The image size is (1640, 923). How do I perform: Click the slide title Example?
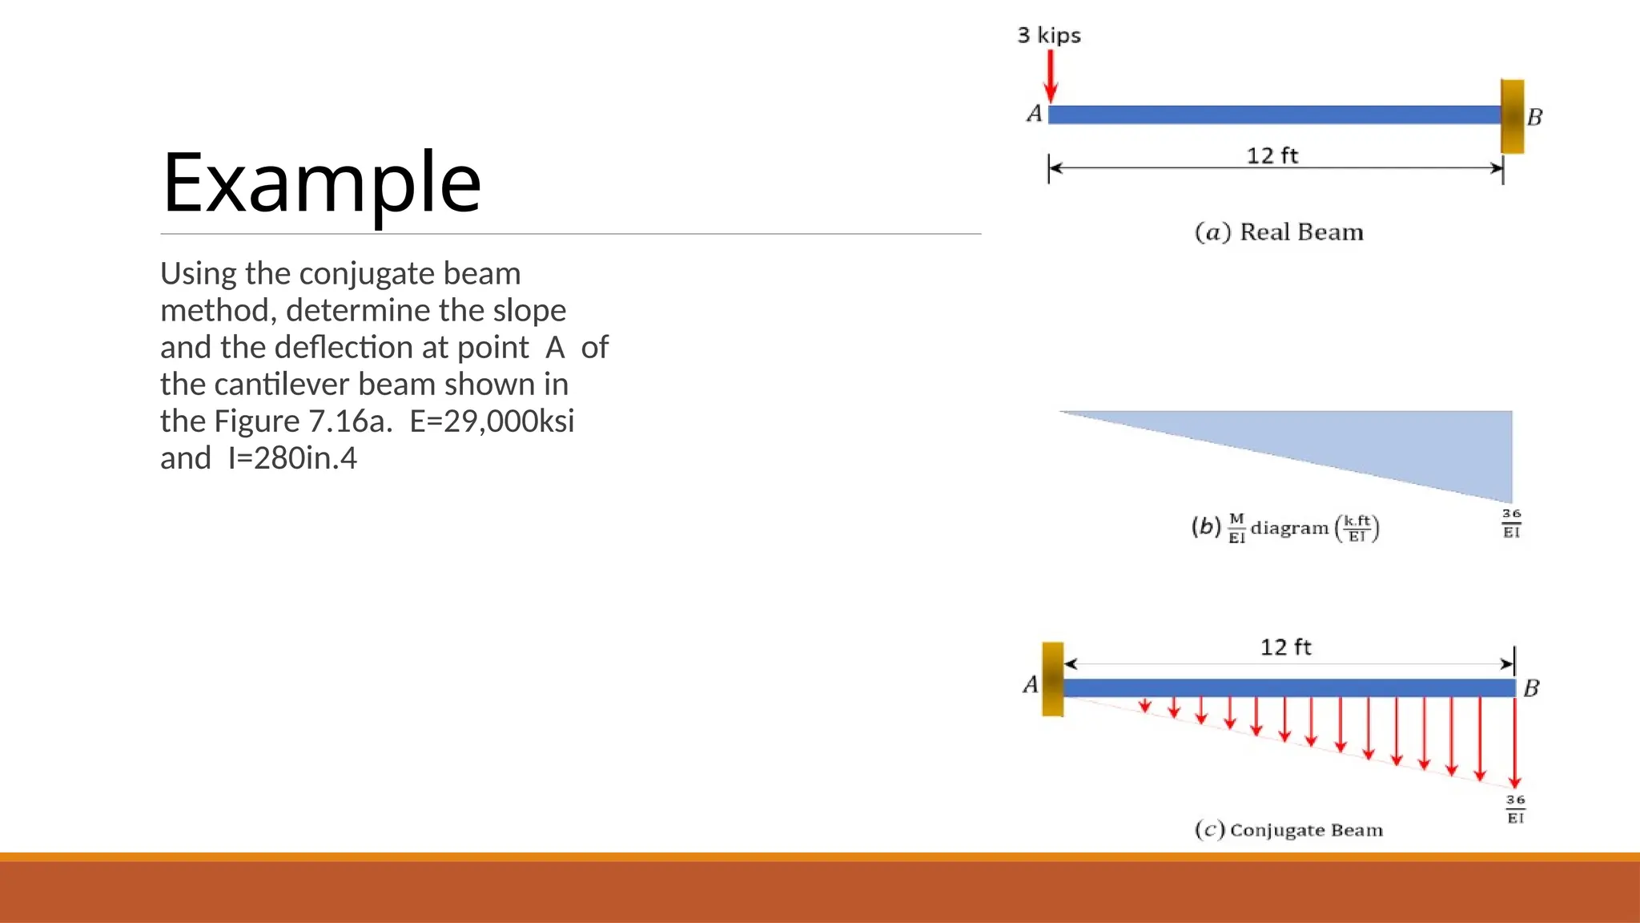click(321, 183)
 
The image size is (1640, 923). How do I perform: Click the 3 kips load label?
click(1048, 35)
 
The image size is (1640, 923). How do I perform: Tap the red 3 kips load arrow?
click(1051, 76)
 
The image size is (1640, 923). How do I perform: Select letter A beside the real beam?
click(1034, 114)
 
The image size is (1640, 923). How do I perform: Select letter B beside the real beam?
click(1534, 118)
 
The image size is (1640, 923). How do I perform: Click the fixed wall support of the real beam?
click(1512, 116)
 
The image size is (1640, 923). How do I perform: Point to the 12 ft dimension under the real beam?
click(1272, 155)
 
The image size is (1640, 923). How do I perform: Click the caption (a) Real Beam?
click(1279, 232)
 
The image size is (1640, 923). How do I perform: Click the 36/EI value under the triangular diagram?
click(1511, 523)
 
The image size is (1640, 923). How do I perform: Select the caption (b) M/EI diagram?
click(1284, 528)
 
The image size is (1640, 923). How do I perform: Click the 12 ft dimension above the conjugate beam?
click(1285, 647)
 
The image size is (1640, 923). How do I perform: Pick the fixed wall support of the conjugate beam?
click(1052, 679)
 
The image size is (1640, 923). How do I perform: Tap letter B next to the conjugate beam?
click(1531, 688)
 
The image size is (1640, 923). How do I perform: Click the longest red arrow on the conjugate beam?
click(1514, 742)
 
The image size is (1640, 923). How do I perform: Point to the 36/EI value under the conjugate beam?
click(1515, 809)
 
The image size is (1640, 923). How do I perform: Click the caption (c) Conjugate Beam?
click(1288, 830)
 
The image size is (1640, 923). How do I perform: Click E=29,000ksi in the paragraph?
click(492, 421)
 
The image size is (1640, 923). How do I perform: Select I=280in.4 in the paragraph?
click(292, 458)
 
